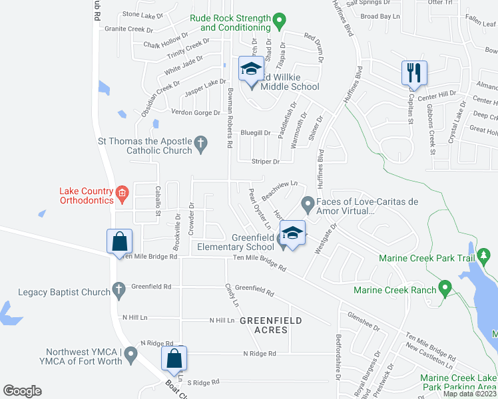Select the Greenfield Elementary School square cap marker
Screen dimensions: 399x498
tap(292, 232)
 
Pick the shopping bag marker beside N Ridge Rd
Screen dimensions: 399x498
tap(174, 358)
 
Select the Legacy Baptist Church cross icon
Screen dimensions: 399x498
tap(119, 289)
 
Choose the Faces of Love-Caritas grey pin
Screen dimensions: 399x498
tap(308, 202)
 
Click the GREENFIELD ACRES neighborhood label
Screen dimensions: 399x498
tap(271, 325)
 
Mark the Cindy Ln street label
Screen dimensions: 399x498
tap(232, 295)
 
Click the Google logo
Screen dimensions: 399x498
tap(23, 390)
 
